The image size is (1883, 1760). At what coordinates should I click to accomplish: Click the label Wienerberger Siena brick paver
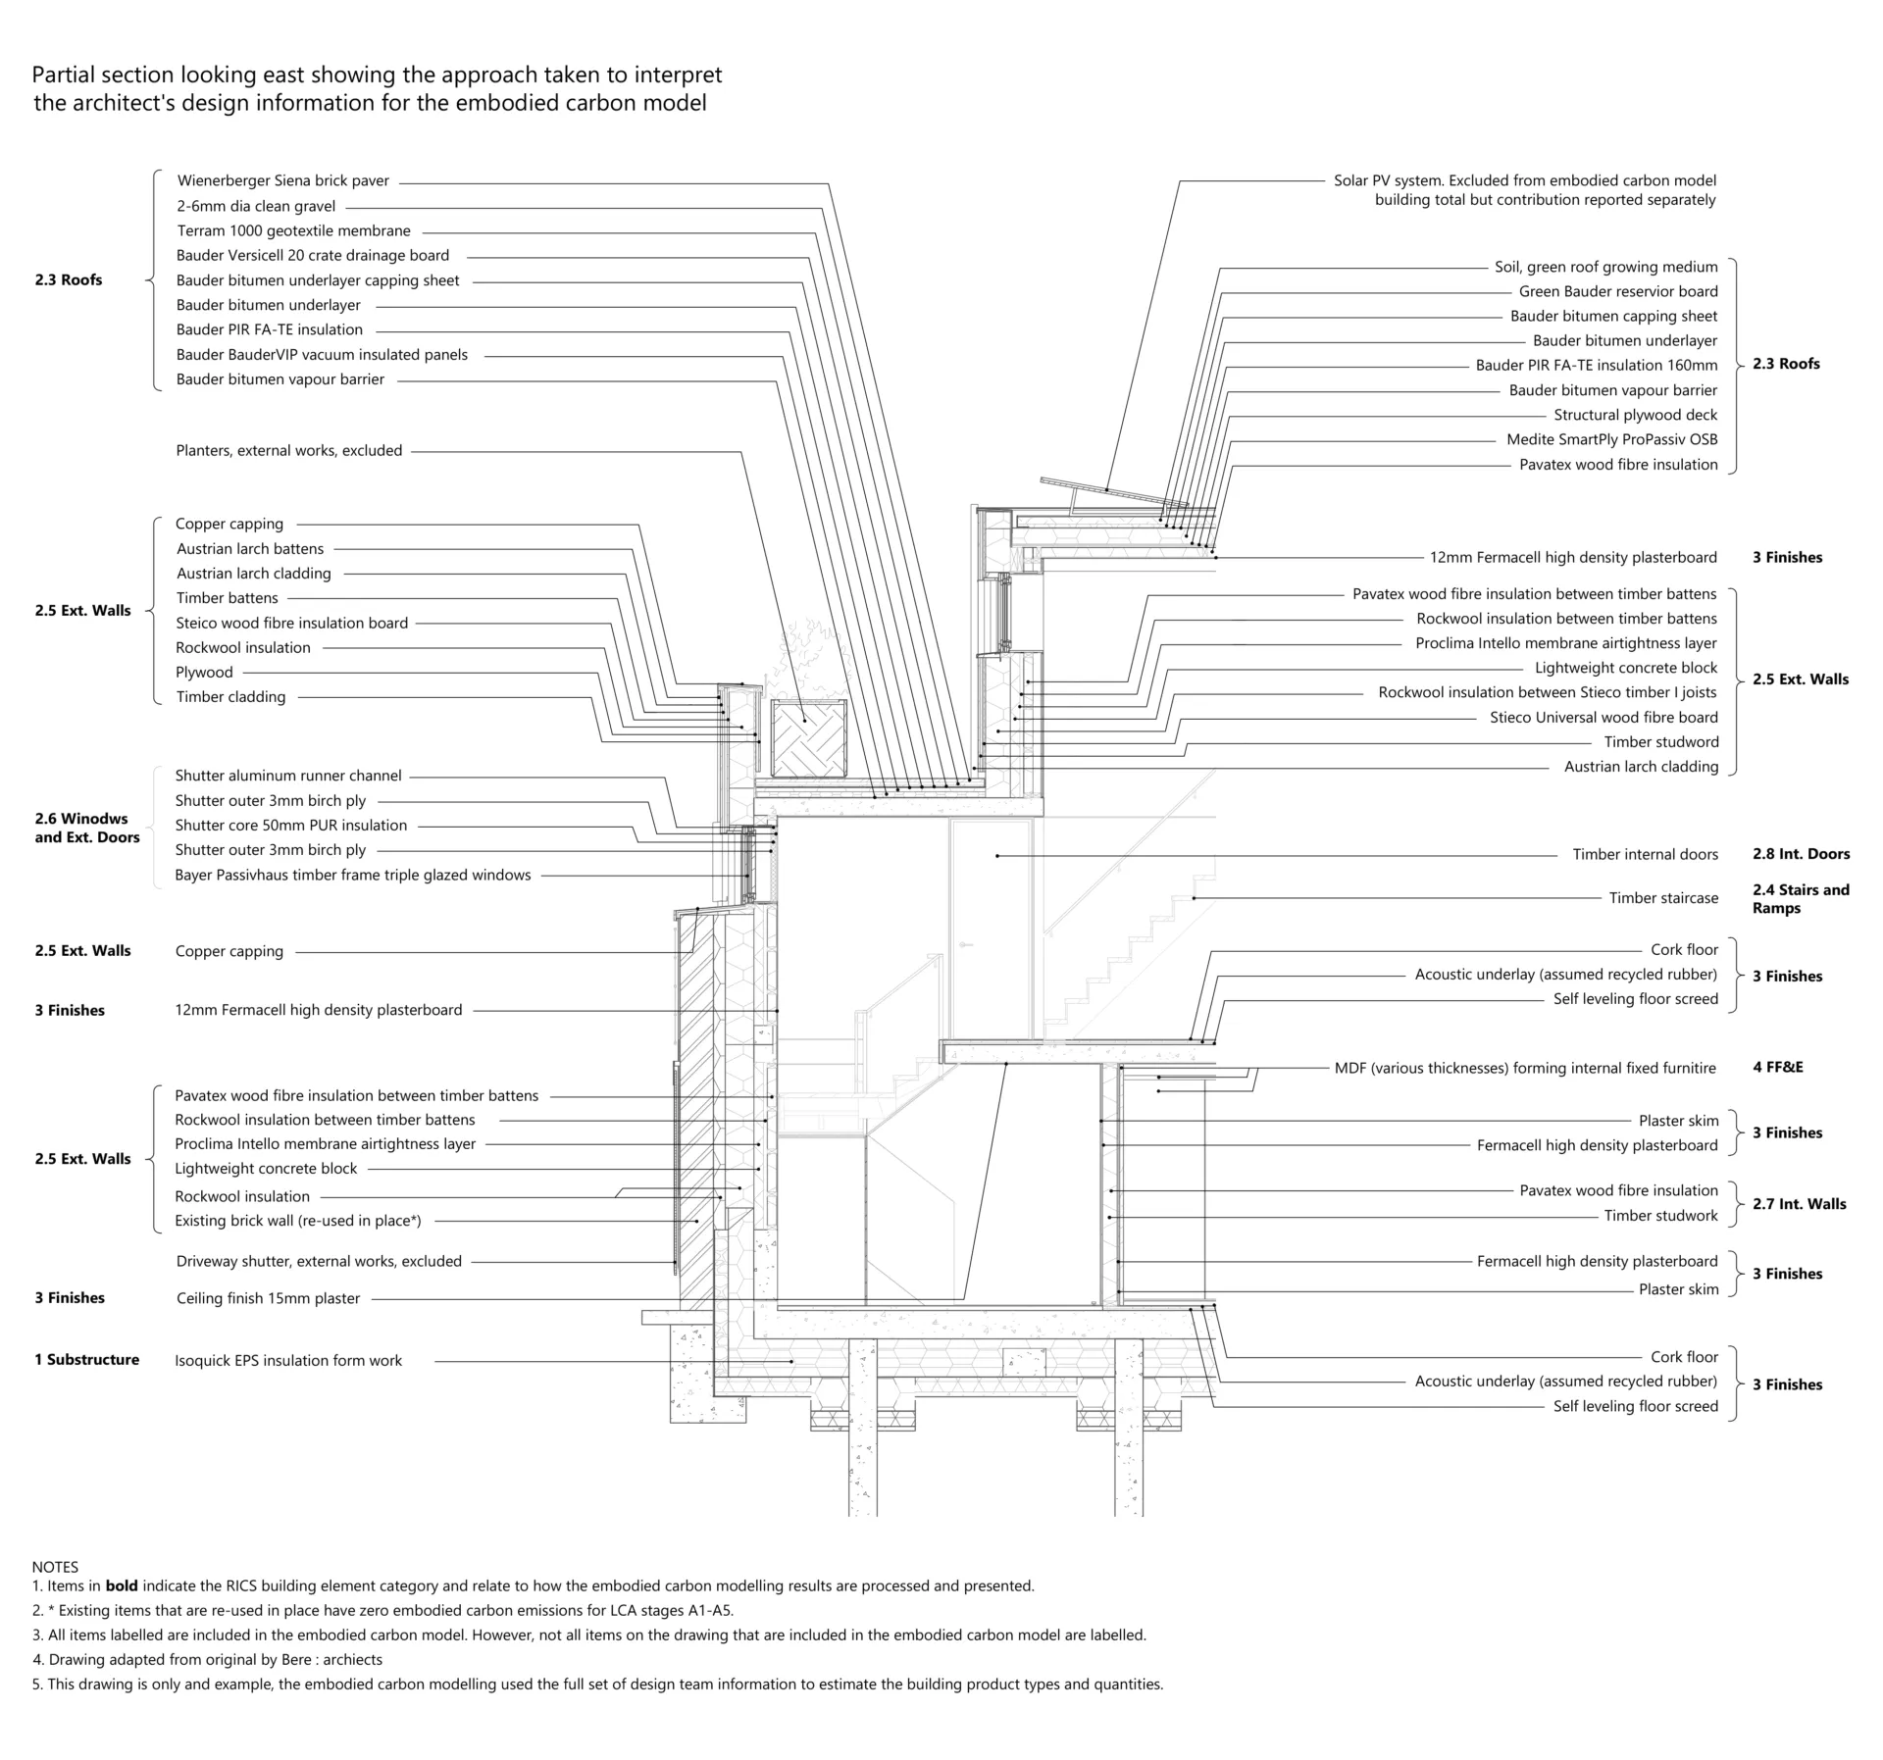pyautogui.click(x=282, y=181)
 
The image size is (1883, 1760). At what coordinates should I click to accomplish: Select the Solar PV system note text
pyautogui.click(x=1524, y=190)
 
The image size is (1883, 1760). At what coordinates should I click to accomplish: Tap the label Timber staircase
pyautogui.click(x=1662, y=898)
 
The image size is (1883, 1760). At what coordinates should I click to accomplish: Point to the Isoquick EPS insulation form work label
pyautogui.click(x=288, y=1361)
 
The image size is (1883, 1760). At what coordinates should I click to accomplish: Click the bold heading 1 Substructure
pyautogui.click(x=86, y=1360)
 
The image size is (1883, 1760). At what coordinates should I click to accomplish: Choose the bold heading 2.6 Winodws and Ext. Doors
pyautogui.click(x=86, y=828)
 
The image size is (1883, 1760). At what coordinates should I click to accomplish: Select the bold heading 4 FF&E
pyautogui.click(x=1777, y=1068)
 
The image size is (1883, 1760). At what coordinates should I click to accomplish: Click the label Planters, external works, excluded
pyautogui.click(x=288, y=451)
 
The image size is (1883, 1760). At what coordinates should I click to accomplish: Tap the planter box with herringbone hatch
pyautogui.click(x=808, y=738)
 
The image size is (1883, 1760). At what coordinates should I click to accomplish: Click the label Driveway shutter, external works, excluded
pyautogui.click(x=318, y=1262)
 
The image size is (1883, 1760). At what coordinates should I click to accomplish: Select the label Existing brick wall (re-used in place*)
pyautogui.click(x=297, y=1222)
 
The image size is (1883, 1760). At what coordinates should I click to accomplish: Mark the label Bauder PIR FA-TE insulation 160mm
pyautogui.click(x=1596, y=366)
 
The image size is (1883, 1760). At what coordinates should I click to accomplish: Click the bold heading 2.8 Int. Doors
pyautogui.click(x=1801, y=854)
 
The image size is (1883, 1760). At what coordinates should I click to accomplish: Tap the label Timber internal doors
pyautogui.click(x=1645, y=855)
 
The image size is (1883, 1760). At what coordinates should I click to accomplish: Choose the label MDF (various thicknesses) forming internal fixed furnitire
pyautogui.click(x=1524, y=1069)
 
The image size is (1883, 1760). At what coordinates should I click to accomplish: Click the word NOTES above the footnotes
pyautogui.click(x=55, y=1568)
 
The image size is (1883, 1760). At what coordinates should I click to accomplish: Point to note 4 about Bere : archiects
pyautogui.click(x=207, y=1660)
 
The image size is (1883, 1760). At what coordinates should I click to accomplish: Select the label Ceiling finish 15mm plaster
pyautogui.click(x=268, y=1299)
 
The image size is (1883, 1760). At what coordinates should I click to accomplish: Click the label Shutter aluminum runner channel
pyautogui.click(x=287, y=777)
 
